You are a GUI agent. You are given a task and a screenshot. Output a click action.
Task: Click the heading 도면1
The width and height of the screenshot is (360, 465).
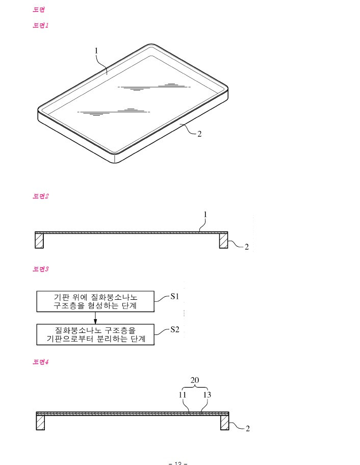[x=40, y=25]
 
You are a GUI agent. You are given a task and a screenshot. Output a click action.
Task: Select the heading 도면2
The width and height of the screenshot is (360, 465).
[x=40, y=196]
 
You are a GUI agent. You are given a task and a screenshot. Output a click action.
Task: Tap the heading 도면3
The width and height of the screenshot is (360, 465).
[x=40, y=269]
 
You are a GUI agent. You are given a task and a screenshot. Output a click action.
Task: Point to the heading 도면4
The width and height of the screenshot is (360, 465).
[x=40, y=362]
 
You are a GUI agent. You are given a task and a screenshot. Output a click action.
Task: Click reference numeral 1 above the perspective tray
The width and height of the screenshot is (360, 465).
[x=96, y=50]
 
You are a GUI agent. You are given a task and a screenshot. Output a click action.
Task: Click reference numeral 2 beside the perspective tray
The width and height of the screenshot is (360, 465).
[x=199, y=134]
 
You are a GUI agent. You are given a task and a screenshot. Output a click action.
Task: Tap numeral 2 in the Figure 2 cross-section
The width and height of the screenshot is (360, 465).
[x=246, y=247]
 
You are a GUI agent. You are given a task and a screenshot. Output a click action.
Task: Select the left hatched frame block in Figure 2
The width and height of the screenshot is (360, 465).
[x=40, y=240]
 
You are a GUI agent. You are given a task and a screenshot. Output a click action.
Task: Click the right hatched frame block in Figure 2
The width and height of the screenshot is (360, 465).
[x=223, y=240]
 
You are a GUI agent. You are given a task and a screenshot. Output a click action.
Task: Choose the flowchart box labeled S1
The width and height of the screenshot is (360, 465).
[x=95, y=301]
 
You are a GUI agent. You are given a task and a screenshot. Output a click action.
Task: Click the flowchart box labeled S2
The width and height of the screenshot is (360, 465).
[x=95, y=334]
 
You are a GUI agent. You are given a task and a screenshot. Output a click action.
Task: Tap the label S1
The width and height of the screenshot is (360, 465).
[x=174, y=296]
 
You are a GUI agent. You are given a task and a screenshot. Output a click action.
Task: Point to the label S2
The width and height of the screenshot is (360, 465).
[x=174, y=329]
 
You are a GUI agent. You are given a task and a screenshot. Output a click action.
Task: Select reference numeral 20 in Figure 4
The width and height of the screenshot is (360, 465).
[x=195, y=380]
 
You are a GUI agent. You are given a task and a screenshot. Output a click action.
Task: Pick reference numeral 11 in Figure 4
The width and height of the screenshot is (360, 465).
[x=183, y=395]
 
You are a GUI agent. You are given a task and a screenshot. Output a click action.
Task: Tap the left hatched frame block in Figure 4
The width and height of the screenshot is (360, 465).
[x=41, y=423]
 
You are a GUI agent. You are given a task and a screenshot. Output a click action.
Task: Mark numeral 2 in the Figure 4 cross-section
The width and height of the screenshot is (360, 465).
[x=247, y=429]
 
